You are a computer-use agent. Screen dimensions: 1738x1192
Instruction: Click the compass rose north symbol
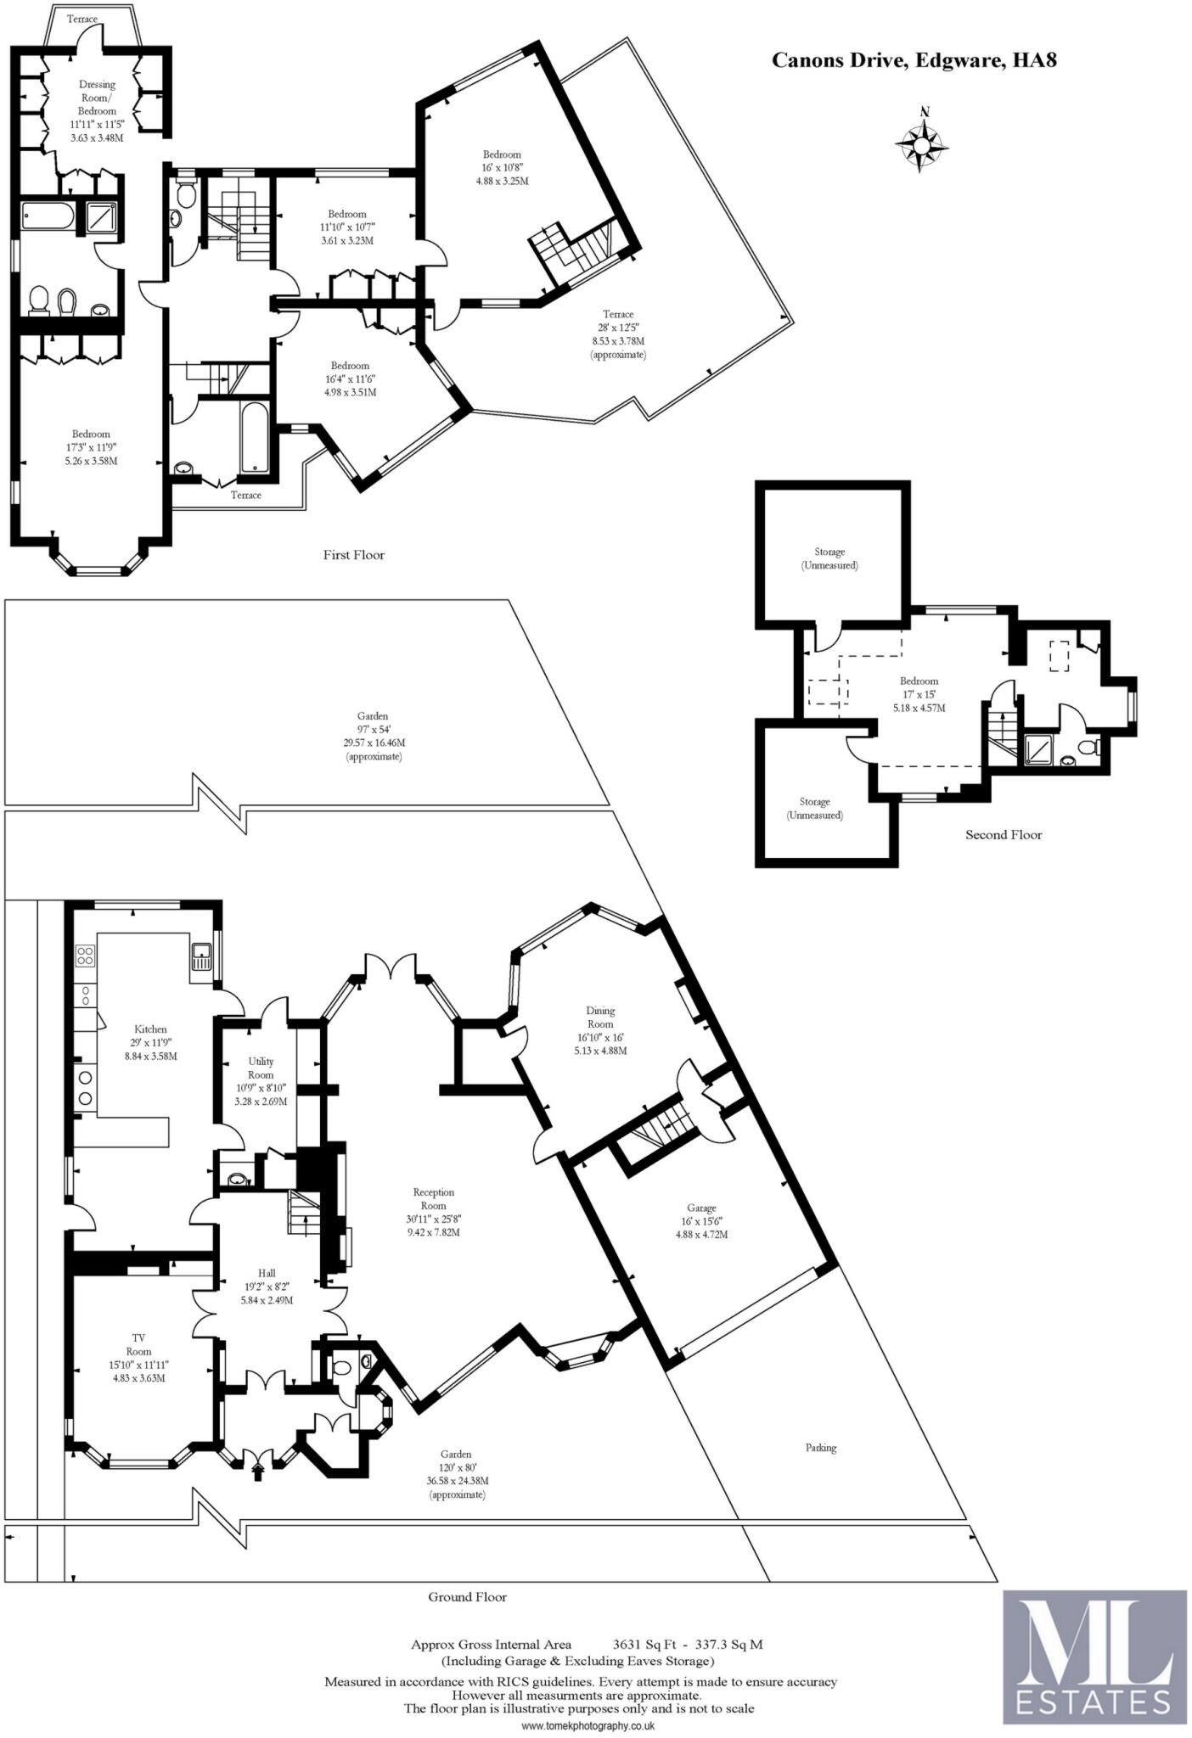tap(922, 141)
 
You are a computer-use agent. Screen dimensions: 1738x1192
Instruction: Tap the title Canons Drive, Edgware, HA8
tap(914, 60)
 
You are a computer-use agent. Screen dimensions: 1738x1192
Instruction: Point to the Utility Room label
tap(261, 1068)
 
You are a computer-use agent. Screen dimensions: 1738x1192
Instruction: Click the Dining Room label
tap(600, 1017)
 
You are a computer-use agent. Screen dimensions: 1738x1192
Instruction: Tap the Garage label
tap(701, 1208)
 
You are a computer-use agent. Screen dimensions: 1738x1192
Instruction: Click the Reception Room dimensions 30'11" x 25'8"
tap(433, 1219)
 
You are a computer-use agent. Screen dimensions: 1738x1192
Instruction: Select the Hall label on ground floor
tap(267, 1273)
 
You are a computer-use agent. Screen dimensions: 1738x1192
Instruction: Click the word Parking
tap(821, 1448)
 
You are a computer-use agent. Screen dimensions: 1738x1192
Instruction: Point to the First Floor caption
tap(353, 555)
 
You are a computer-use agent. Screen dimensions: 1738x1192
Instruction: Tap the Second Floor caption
tap(1004, 834)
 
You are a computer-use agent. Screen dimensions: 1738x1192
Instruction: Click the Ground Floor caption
tap(467, 1596)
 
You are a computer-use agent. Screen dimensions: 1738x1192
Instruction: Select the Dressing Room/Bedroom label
tap(97, 98)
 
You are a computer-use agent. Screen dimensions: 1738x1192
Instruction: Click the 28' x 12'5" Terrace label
tap(618, 328)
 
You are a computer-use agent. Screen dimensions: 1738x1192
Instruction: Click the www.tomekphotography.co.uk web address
tap(588, 1726)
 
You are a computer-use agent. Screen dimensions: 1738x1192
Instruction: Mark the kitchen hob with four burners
tap(85, 956)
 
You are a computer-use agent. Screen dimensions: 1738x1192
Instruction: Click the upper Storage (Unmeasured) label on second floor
tap(829, 558)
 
